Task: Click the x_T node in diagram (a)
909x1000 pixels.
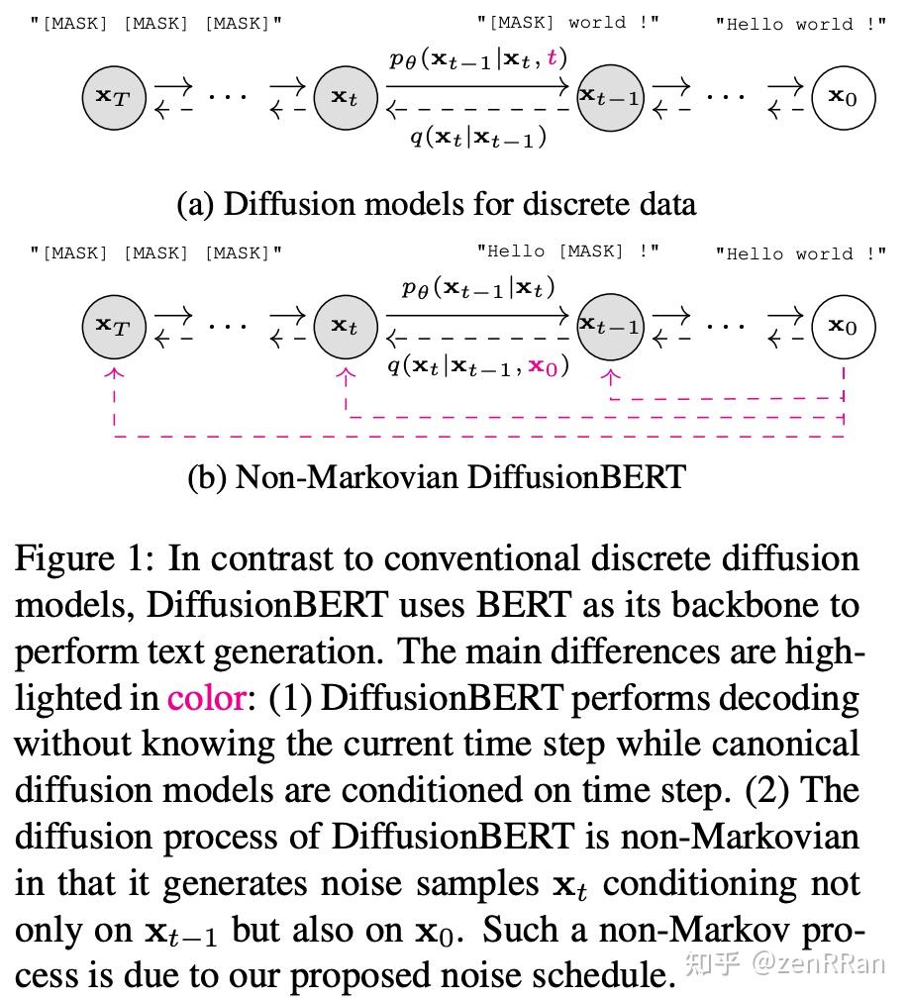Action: [x=114, y=97]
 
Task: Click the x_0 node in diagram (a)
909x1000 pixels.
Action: [x=844, y=97]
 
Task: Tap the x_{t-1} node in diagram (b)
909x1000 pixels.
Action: [x=610, y=326]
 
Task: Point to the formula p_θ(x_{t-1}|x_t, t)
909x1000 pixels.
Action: [x=478, y=58]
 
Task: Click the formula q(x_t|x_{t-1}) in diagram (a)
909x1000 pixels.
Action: [x=478, y=138]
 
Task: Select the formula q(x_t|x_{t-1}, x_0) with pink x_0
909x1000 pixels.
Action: [x=478, y=366]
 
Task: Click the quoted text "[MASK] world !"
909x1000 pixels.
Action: [x=567, y=22]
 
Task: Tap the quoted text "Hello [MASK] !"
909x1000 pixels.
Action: [x=567, y=251]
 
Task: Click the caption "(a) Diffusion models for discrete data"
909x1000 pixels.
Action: [x=436, y=204]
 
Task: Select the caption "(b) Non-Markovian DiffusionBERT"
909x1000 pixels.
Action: [x=436, y=477]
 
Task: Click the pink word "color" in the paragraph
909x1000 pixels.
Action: [x=206, y=699]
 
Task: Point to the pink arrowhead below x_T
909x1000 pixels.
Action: [x=116, y=373]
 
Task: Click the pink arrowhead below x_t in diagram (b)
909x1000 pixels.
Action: [x=346, y=375]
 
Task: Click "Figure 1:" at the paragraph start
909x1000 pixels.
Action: [x=84, y=560]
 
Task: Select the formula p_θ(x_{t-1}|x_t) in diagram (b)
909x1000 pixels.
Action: [x=478, y=288]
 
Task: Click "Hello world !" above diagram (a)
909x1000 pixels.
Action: [x=800, y=24]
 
